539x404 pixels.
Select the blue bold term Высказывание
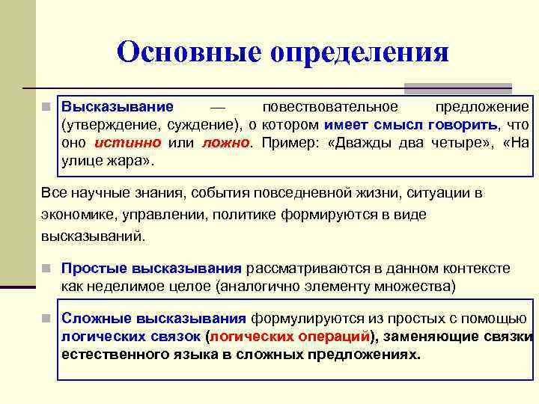tap(117, 107)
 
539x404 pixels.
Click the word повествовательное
tap(330, 107)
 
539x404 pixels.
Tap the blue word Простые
tap(93, 268)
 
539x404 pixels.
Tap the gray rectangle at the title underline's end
tap(457, 88)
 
